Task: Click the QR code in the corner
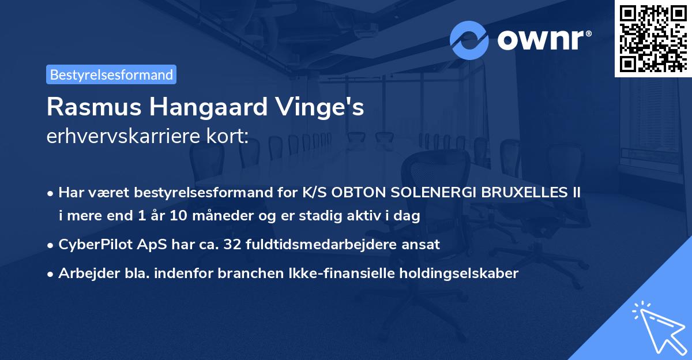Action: (653, 39)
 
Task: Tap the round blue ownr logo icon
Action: (469, 40)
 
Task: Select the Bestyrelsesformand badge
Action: (111, 74)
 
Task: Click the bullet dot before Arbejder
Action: (51, 274)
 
